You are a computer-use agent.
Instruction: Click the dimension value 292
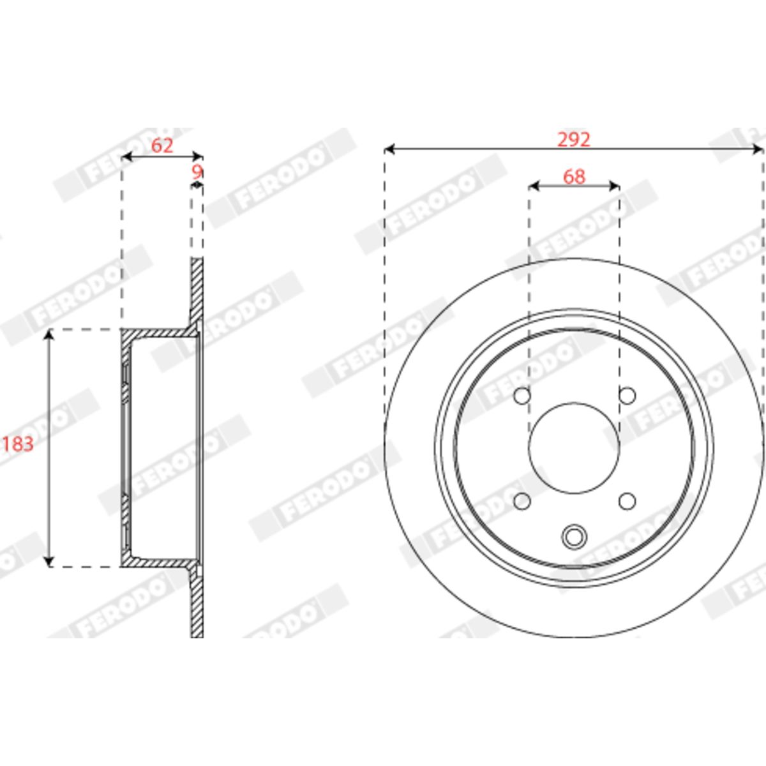click(574, 139)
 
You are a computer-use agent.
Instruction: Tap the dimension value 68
click(574, 176)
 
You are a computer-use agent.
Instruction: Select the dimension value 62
click(162, 146)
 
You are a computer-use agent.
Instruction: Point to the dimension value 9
click(197, 172)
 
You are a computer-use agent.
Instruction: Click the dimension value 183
click(18, 444)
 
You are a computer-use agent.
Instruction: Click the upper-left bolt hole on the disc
click(522, 396)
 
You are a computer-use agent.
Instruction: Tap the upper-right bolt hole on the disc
click(627, 396)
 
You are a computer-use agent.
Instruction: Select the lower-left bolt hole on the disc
click(522, 501)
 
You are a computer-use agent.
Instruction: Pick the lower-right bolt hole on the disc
click(627, 501)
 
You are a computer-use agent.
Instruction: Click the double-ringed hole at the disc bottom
click(574, 537)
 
